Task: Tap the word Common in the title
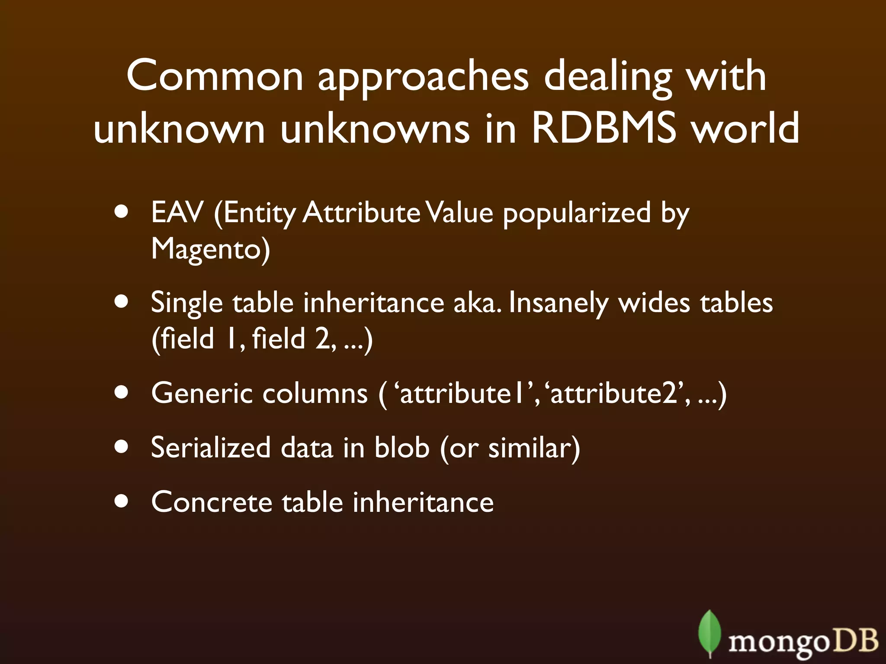click(x=215, y=76)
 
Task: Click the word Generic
click(x=202, y=393)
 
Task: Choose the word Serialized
click(x=210, y=447)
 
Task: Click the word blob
click(x=401, y=447)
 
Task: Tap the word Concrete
click(x=211, y=502)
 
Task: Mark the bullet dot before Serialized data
click(x=122, y=447)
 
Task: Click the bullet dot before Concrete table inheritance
click(x=122, y=502)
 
